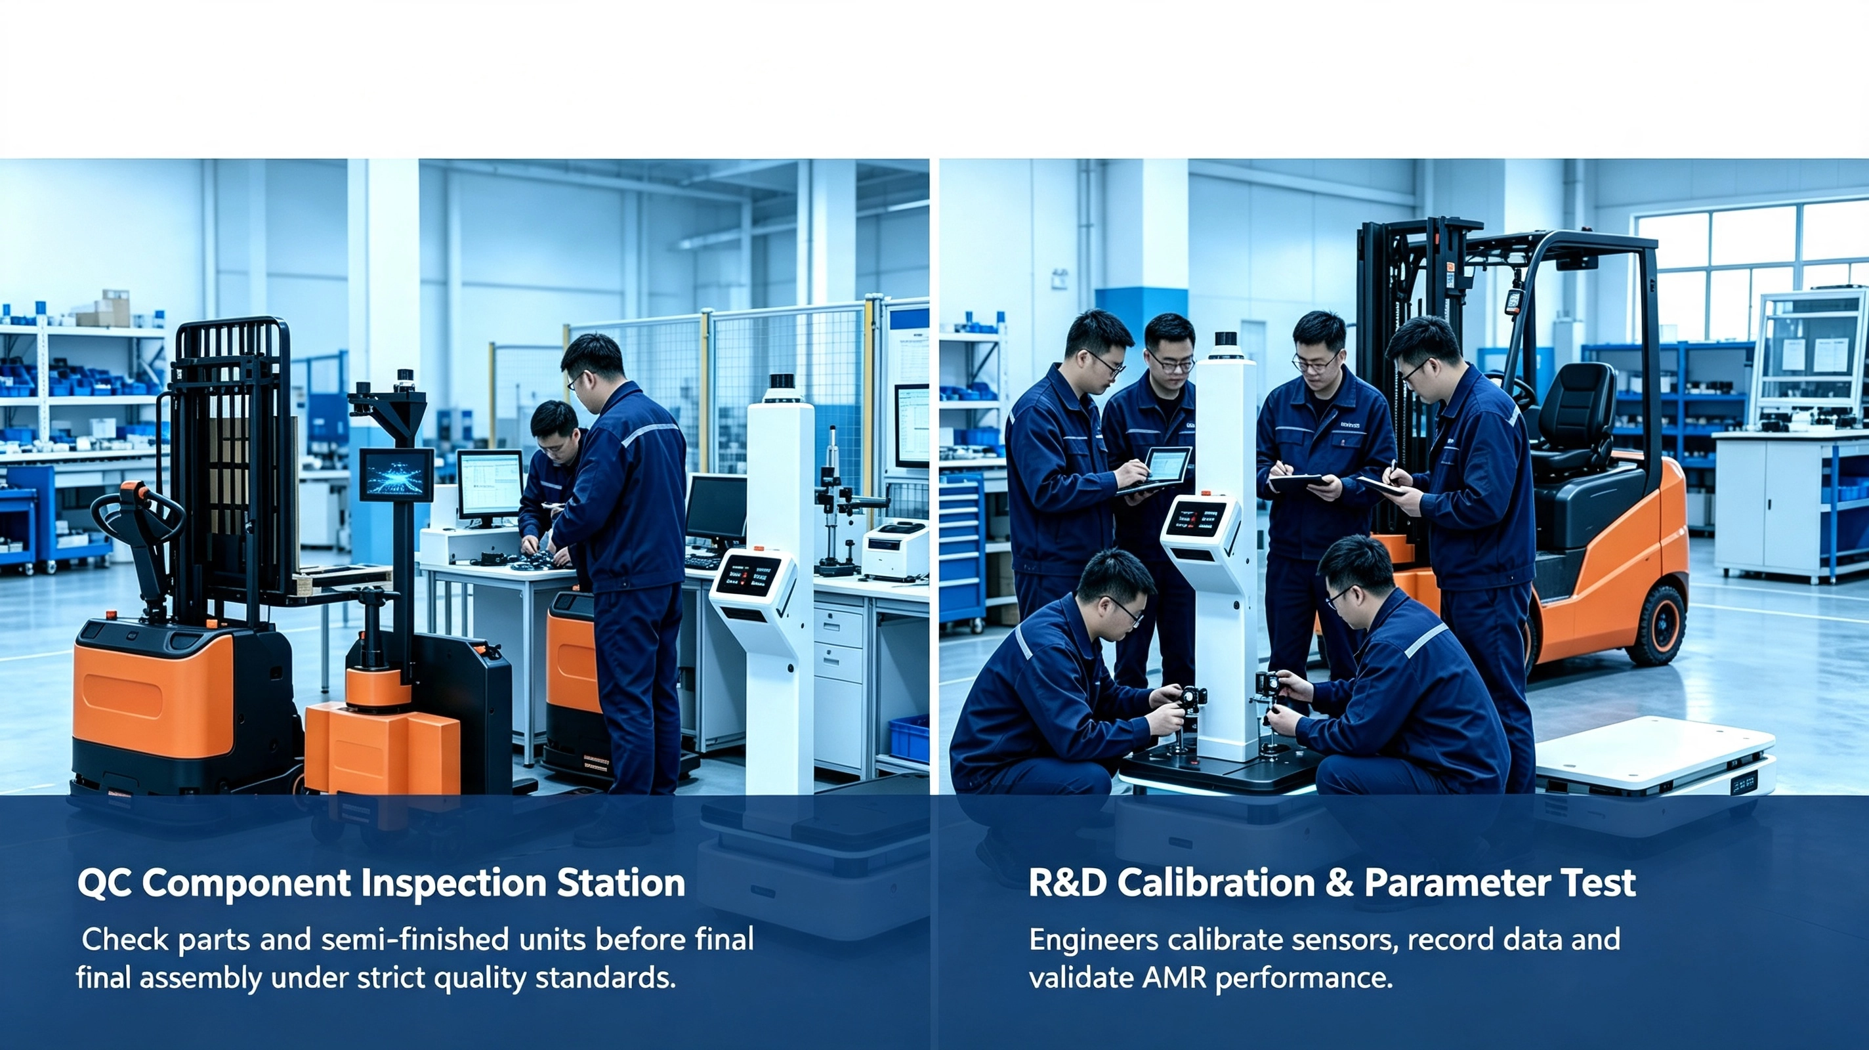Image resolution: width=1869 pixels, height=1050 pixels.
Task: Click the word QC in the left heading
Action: (104, 884)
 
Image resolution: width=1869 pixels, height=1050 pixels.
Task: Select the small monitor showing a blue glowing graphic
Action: (397, 474)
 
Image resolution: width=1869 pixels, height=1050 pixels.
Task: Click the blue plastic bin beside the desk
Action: (908, 738)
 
